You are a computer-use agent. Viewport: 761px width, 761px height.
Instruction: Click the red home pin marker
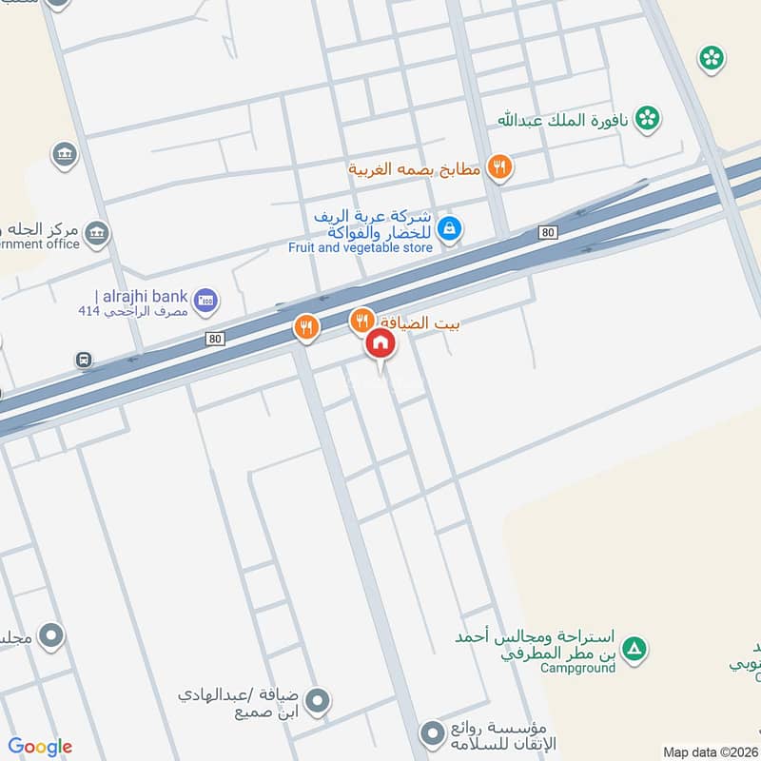[x=380, y=343]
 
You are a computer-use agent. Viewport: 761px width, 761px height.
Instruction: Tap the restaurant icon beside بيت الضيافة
[x=361, y=321]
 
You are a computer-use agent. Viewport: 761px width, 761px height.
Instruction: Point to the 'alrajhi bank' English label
[x=143, y=296]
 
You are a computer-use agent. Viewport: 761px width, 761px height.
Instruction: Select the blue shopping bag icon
[x=450, y=228]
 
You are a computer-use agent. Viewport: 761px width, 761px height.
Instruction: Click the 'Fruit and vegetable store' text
[x=361, y=247]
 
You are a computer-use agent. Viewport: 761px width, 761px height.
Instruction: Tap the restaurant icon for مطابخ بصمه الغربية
[x=498, y=168]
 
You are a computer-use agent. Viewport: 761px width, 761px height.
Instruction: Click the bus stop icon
[x=84, y=360]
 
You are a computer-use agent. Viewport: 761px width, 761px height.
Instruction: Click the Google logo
[x=40, y=747]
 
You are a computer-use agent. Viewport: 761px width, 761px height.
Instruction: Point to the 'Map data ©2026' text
[x=708, y=751]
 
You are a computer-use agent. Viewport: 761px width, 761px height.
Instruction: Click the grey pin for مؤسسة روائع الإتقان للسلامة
[x=434, y=733]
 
